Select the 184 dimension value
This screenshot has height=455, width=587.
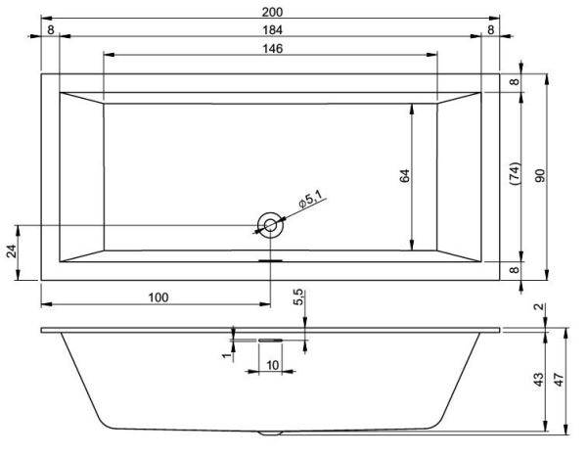pos(266,30)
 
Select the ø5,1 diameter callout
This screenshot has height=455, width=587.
pos(311,202)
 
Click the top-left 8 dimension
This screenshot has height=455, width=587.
pos(49,30)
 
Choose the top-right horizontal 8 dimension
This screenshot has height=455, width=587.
pos(490,30)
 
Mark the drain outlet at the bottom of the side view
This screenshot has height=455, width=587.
pos(270,432)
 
